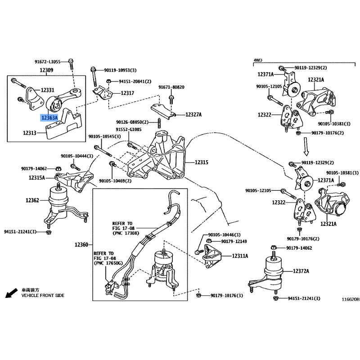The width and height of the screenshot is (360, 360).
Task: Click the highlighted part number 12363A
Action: (49, 118)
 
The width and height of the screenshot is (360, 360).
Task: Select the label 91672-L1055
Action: (47, 61)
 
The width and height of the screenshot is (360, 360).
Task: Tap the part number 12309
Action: (46, 70)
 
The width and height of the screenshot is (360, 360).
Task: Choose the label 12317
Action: (127, 93)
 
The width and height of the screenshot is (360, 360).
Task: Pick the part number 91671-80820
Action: (171, 87)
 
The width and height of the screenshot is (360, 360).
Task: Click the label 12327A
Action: (193, 115)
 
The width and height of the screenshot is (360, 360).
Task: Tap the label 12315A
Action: (37, 178)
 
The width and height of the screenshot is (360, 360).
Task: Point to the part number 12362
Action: (33, 200)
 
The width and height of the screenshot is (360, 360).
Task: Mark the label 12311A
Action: (240, 256)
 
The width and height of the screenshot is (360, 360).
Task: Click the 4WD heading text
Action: (257, 60)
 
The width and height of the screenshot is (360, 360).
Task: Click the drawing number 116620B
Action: (350, 299)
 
